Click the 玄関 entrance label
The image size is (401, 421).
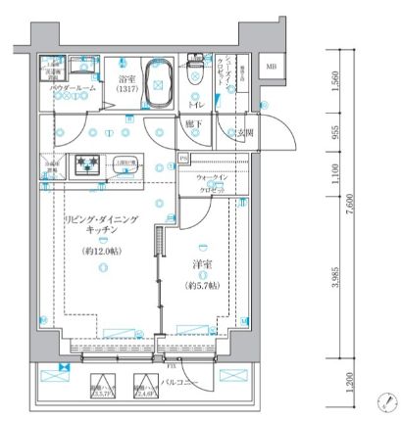[x=241, y=132]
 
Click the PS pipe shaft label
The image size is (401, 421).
[x=182, y=157]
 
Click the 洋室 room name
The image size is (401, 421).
[x=202, y=264]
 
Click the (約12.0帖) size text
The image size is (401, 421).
[x=102, y=251]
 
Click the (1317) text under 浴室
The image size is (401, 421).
[x=128, y=89]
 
